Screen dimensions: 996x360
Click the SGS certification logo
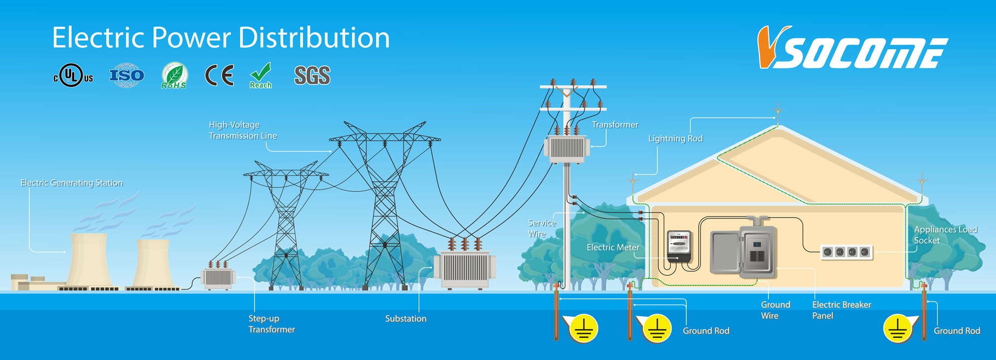tap(312, 76)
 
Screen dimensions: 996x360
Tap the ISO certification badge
tap(127, 75)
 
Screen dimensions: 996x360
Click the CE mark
tap(219, 76)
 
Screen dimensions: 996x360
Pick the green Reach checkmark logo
tap(261, 76)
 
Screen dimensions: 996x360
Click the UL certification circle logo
tap(73, 76)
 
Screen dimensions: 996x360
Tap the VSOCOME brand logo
tap(852, 47)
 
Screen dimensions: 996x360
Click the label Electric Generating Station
tap(72, 183)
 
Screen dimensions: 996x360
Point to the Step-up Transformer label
tap(271, 324)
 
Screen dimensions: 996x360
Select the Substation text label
tap(406, 319)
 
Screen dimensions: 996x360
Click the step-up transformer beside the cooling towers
tap(218, 275)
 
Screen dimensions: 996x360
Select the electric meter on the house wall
tap(679, 245)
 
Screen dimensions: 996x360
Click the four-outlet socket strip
tap(847, 252)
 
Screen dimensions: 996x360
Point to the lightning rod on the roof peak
tap(777, 114)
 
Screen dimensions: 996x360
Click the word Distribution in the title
tap(314, 38)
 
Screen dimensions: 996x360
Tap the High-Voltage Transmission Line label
tap(243, 130)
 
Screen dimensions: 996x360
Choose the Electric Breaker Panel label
tap(842, 310)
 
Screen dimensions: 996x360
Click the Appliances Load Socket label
tap(945, 235)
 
